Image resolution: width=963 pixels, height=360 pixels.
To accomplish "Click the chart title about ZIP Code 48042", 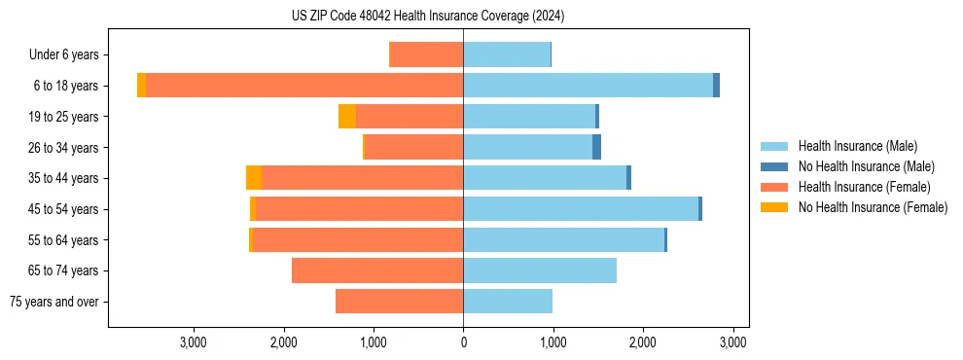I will coord(428,17).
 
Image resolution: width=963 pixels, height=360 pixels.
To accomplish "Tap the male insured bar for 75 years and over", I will coord(508,302).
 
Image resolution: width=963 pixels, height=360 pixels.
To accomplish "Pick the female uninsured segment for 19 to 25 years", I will coord(347,117).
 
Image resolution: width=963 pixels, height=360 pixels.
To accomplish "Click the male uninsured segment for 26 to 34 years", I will coord(596,147).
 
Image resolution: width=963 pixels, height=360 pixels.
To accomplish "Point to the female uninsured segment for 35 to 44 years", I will coord(254,178).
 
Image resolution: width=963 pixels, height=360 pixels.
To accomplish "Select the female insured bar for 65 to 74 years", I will coord(377,270).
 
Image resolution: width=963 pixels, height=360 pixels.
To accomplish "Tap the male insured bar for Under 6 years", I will coord(507,54).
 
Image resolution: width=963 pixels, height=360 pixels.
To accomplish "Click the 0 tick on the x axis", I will coord(463,342).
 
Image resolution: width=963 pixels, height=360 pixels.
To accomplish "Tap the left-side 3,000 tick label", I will coord(194,342).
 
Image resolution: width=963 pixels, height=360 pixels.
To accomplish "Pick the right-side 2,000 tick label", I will coord(642,342).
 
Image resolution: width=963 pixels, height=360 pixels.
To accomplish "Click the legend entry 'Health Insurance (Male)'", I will coord(857,146).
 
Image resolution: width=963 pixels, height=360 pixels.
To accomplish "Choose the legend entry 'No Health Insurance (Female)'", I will coord(873,207).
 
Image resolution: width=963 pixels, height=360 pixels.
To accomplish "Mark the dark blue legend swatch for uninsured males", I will coord(775,166).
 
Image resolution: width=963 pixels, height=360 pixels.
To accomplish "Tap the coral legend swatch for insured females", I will coord(775,187).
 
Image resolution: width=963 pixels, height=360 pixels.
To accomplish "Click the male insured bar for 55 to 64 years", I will coord(563,240).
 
